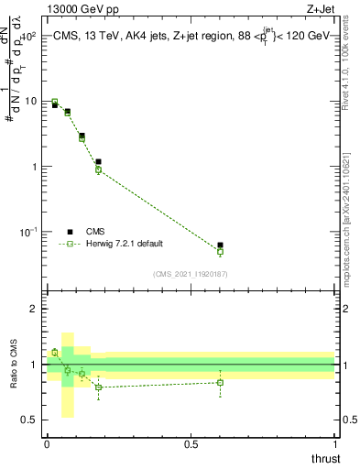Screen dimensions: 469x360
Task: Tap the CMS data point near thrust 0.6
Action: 220,245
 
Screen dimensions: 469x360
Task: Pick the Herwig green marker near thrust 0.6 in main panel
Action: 220,251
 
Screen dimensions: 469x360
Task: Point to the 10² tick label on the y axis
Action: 27,36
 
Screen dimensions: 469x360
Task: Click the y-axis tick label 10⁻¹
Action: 27,231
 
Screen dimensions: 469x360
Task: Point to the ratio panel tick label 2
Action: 34,309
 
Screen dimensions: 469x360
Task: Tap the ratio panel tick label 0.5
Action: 29,420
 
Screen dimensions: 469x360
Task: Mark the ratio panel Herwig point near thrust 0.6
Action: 220,382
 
